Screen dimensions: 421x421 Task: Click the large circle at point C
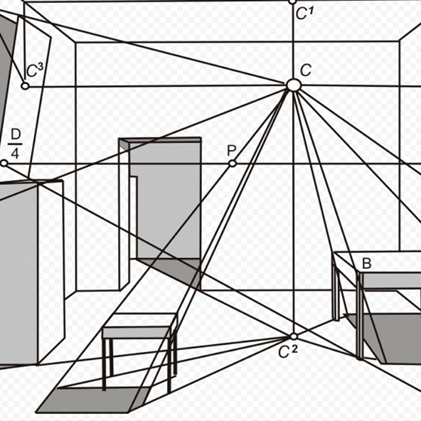click(293, 85)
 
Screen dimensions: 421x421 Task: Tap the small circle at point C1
click(293, 2)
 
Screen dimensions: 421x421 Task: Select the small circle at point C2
click(294, 336)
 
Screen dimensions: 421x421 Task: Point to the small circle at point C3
click(25, 86)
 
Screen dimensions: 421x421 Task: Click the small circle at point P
click(233, 164)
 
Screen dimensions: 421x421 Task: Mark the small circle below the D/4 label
click(4, 164)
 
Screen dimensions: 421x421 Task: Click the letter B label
click(366, 263)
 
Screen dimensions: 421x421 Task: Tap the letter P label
click(231, 151)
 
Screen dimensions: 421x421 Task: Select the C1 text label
click(305, 13)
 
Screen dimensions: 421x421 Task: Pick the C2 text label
click(288, 351)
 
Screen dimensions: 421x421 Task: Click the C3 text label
click(35, 70)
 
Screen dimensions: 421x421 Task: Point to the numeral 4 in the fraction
click(15, 154)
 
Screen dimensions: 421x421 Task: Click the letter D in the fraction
click(16, 135)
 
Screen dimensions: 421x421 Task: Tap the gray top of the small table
click(137, 333)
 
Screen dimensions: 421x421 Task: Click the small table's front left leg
click(104, 364)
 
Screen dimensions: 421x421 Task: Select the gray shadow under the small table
click(92, 400)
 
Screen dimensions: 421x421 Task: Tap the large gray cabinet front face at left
click(18, 274)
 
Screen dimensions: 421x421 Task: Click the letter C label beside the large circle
click(306, 70)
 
